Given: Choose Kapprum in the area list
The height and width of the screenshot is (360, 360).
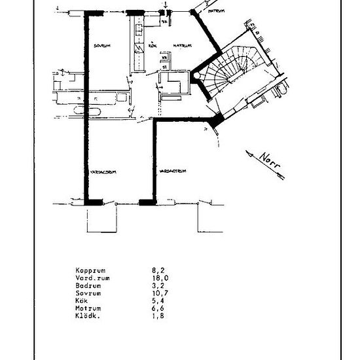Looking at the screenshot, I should [x=90, y=269].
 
